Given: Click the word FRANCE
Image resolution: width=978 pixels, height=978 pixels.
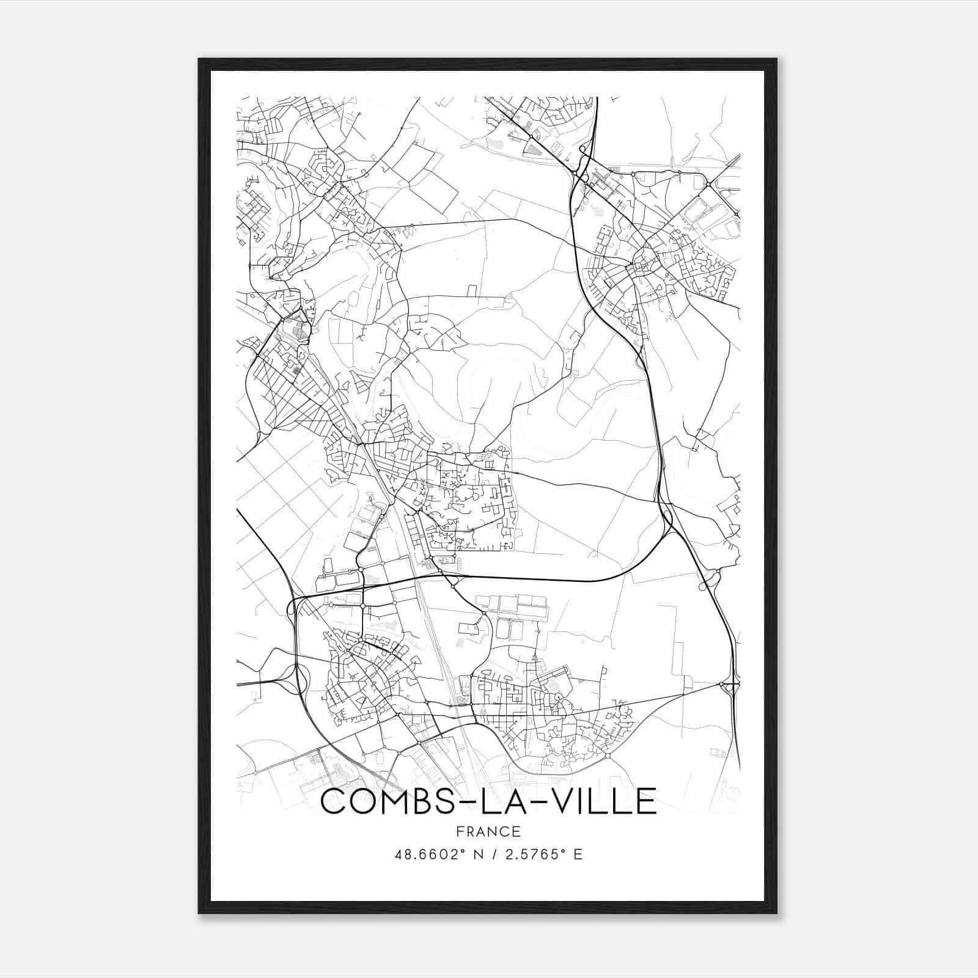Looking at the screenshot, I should pyautogui.click(x=488, y=831).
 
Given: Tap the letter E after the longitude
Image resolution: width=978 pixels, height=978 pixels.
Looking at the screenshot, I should pyautogui.click(x=578, y=854).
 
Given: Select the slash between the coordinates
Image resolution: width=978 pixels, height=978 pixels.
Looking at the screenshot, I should pyautogui.click(x=489, y=854).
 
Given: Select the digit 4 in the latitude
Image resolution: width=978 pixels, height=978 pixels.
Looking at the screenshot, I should pyautogui.click(x=399, y=854).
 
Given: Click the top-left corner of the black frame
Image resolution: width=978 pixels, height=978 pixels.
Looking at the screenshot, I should pyautogui.click(x=199, y=59).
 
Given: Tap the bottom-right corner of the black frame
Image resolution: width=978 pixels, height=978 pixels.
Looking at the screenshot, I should pyautogui.click(x=776, y=913).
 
